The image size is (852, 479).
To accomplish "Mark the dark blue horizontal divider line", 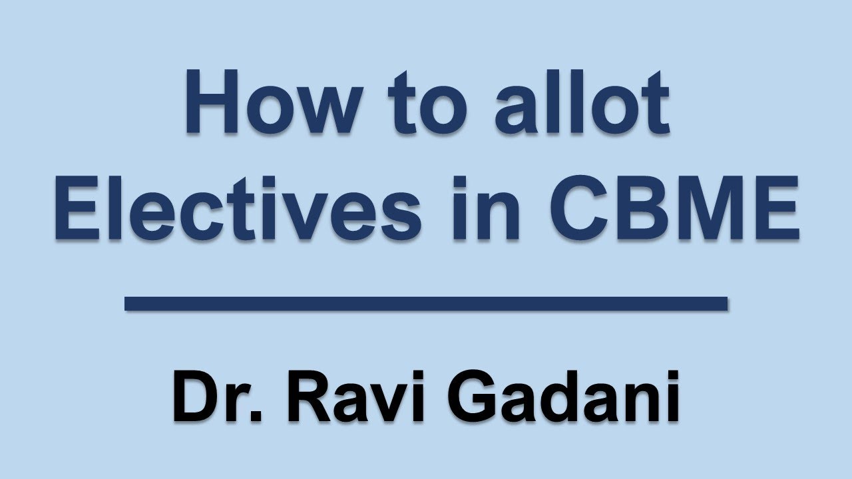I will pos(426,304).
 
